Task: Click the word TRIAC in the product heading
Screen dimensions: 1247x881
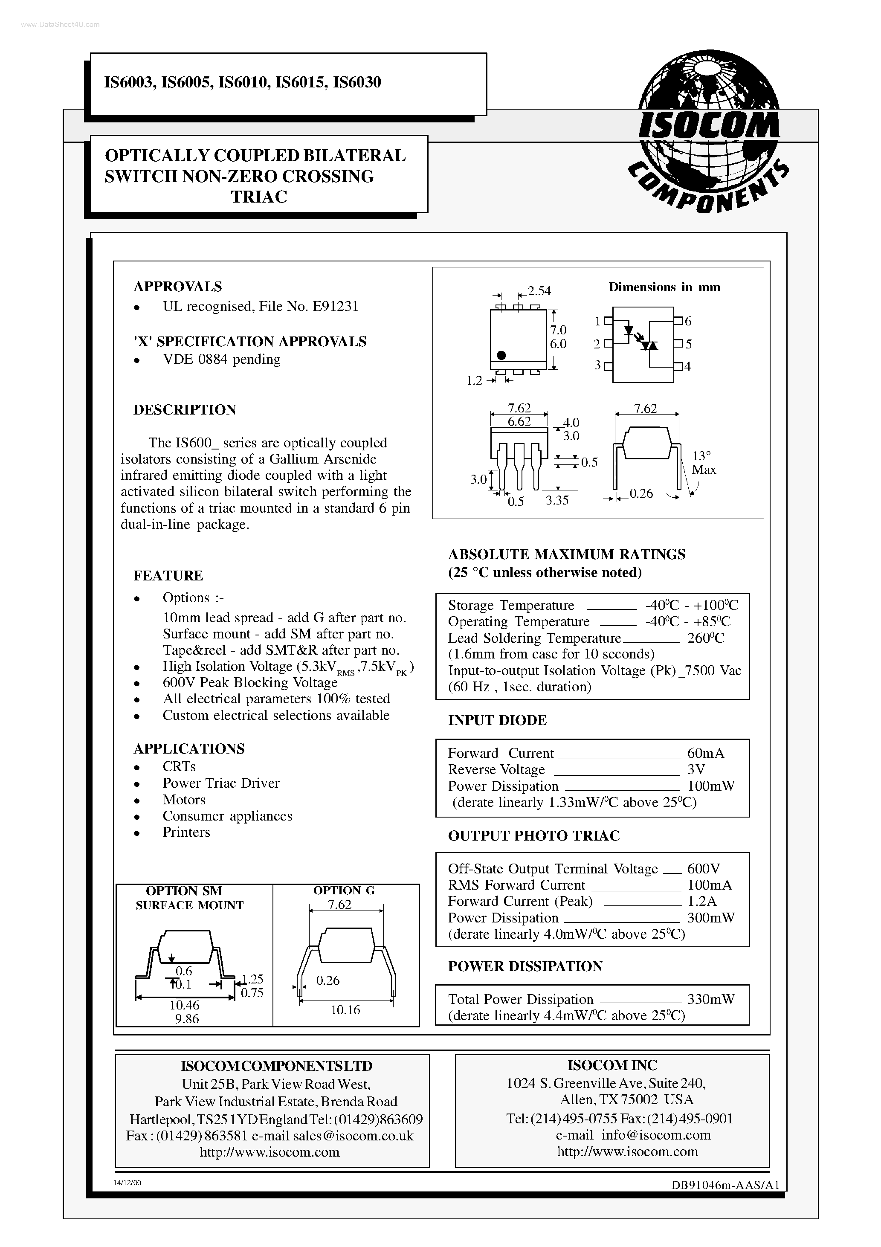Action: coord(259,197)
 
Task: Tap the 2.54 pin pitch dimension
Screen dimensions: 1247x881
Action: coord(539,291)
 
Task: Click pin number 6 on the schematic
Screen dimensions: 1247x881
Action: coord(688,321)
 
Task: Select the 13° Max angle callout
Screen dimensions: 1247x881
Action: coord(704,463)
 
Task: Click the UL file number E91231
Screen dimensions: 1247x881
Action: coord(335,306)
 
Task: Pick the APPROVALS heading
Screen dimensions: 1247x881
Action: coord(178,286)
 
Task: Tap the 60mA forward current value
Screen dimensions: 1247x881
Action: coord(705,753)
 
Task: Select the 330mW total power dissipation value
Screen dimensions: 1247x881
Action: coord(710,999)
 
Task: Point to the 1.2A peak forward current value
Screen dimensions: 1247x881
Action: coord(702,902)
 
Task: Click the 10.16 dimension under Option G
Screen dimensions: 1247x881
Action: coord(345,1009)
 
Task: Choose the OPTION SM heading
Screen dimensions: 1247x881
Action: coord(184,891)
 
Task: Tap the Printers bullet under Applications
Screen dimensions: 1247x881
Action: coord(186,832)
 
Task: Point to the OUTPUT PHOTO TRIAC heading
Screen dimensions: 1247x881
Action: coord(533,836)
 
